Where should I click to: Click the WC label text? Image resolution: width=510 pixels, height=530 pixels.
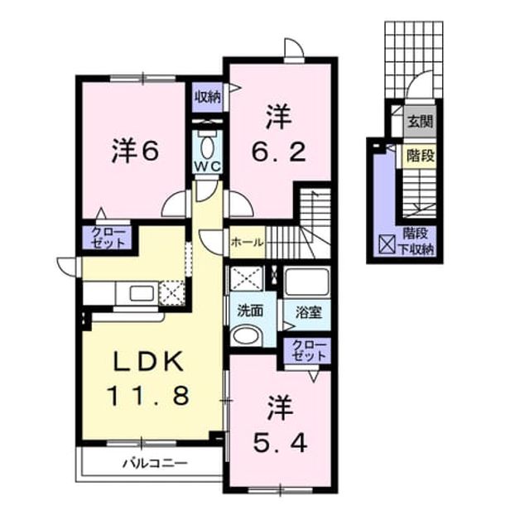pyautogui.click(x=208, y=166)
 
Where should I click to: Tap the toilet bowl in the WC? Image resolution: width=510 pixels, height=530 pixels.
pyautogui.click(x=207, y=146)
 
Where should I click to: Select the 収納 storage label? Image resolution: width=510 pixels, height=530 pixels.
pyautogui.click(x=208, y=97)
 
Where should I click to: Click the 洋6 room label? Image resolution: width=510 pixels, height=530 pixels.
pyautogui.click(x=135, y=151)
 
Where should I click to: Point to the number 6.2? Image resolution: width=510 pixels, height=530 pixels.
pyautogui.click(x=279, y=152)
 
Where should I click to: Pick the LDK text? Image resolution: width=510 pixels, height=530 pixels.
pyautogui.click(x=149, y=362)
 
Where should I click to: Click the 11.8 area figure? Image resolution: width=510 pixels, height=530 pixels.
pyautogui.click(x=148, y=396)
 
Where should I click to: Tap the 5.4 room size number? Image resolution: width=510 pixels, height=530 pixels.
pyautogui.click(x=280, y=443)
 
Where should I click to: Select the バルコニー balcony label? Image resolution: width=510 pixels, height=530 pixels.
pyautogui.click(x=155, y=462)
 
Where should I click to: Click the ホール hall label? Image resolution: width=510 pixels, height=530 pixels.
pyautogui.click(x=248, y=243)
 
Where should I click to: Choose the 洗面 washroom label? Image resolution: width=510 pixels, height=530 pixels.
pyautogui.click(x=250, y=311)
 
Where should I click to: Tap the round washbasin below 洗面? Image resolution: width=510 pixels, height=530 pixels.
pyautogui.click(x=247, y=335)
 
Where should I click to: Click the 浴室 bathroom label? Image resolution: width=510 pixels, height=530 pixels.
pyautogui.click(x=308, y=313)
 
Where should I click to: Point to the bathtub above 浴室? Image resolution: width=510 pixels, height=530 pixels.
pyautogui.click(x=306, y=282)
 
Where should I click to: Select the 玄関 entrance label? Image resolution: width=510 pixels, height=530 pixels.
pyautogui.click(x=421, y=122)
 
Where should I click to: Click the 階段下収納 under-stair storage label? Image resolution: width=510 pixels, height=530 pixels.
pyautogui.click(x=416, y=241)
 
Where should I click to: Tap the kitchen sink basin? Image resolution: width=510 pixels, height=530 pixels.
pyautogui.click(x=142, y=292)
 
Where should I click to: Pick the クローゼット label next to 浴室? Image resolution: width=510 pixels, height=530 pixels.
pyautogui.click(x=310, y=350)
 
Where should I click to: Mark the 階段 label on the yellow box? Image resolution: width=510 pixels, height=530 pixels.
pyautogui.click(x=421, y=157)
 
